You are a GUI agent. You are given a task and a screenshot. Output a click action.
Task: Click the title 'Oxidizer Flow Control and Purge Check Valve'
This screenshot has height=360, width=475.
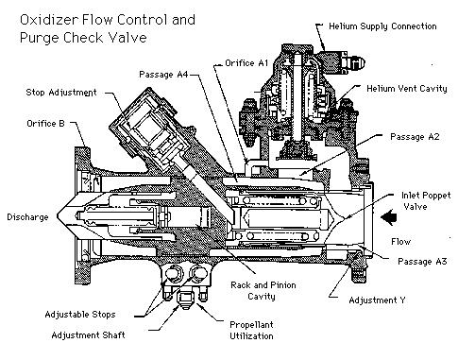[108, 28]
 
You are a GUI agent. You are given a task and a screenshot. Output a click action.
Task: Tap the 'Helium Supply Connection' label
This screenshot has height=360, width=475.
[382, 26]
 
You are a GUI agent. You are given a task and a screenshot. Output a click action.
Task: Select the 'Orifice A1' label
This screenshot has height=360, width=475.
[246, 63]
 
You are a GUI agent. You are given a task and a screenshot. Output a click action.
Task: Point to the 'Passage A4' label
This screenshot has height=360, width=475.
[163, 75]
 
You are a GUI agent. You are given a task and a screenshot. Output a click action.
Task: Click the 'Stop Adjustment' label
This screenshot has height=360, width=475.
[61, 93]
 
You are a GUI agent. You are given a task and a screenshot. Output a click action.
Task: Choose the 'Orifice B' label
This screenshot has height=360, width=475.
[45, 124]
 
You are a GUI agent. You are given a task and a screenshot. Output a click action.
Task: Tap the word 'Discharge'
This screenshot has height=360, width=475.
[27, 217]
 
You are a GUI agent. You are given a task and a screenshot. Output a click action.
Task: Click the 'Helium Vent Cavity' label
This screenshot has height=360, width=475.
[407, 89]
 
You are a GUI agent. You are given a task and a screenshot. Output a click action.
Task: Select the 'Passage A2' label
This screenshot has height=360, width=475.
[415, 137]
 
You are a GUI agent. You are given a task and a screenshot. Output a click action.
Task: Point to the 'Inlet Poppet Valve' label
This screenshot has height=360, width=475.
[426, 201]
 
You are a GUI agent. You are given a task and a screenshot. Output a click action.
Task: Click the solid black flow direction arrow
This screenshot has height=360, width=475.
[389, 217]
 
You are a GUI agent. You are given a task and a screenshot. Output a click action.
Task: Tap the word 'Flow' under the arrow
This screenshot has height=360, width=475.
[400, 242]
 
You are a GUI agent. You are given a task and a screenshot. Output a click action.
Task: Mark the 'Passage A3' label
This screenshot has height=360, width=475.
[422, 262]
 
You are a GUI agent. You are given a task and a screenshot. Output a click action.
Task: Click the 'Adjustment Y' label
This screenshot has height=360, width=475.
[377, 300]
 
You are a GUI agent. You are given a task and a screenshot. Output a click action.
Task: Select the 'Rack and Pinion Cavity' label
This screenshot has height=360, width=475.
[263, 291]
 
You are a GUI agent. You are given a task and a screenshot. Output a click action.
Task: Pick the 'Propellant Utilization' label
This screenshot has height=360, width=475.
[251, 330]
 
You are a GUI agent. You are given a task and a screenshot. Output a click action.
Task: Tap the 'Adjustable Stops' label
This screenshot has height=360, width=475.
[80, 315]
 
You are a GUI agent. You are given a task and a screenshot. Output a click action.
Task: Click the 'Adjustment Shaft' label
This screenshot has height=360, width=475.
[88, 335]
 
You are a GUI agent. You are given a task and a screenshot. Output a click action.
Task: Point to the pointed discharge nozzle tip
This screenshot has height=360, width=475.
[59, 216]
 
